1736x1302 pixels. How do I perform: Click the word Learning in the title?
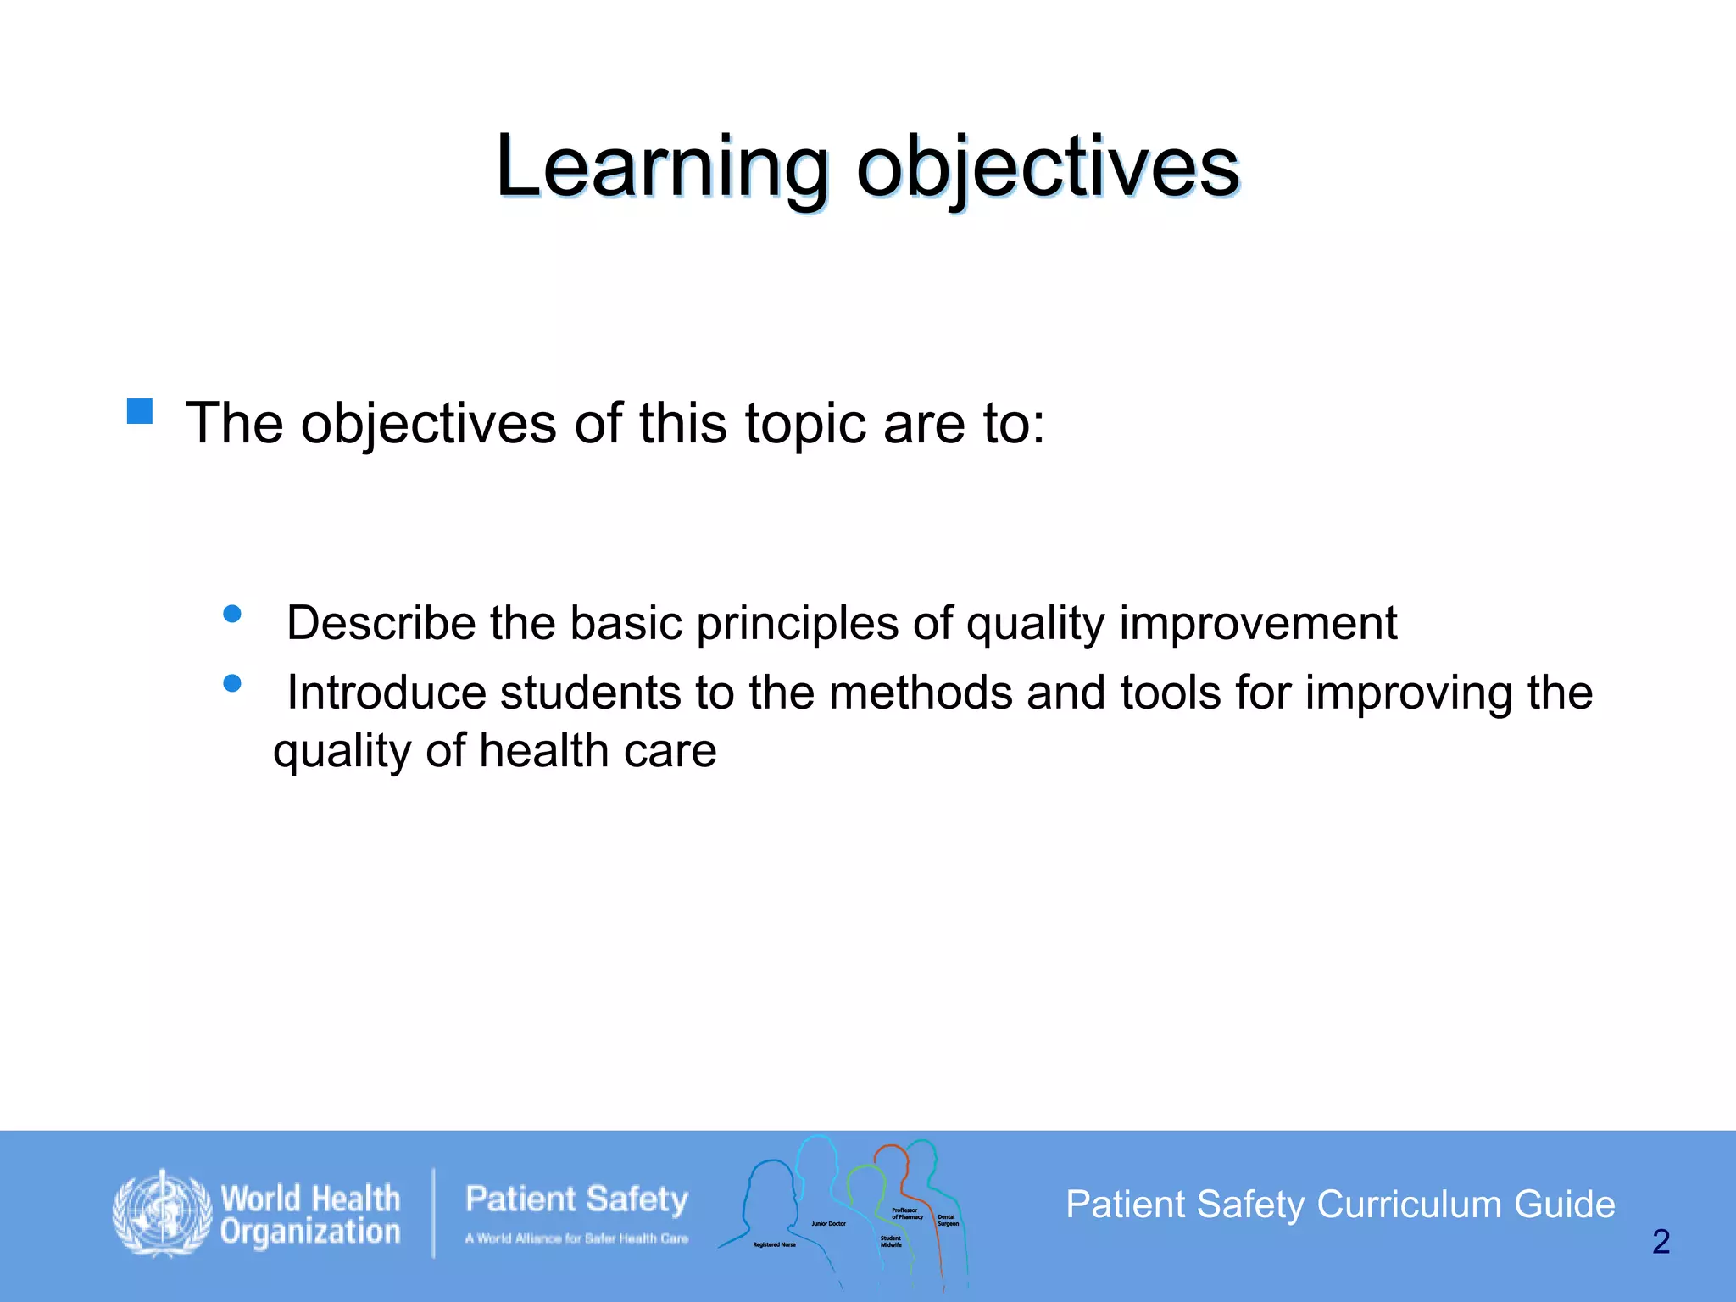(x=661, y=167)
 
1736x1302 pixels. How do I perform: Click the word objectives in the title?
(x=1048, y=167)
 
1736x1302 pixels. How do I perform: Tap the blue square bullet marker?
(x=140, y=411)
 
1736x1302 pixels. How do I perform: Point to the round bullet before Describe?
(x=232, y=614)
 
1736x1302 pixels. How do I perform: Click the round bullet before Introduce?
(x=232, y=683)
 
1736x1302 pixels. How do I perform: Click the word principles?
(x=797, y=624)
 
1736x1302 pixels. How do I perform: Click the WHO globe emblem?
(x=162, y=1213)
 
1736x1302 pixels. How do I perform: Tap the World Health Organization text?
(x=310, y=1215)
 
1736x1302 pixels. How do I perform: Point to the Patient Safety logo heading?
(x=576, y=1199)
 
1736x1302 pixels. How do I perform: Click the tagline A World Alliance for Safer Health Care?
(x=576, y=1238)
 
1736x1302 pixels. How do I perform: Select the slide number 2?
(x=1661, y=1242)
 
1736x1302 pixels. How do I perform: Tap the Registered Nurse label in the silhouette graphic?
(x=774, y=1244)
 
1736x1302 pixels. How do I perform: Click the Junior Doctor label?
(x=828, y=1224)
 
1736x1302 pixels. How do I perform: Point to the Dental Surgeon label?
(x=948, y=1221)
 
